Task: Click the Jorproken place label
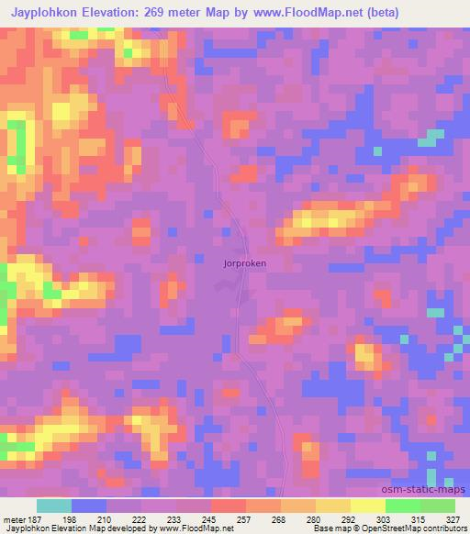click(x=244, y=262)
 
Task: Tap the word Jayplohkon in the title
click(x=43, y=13)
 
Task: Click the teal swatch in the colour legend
click(x=54, y=506)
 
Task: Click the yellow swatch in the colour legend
click(x=367, y=506)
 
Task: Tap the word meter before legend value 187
click(x=15, y=519)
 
